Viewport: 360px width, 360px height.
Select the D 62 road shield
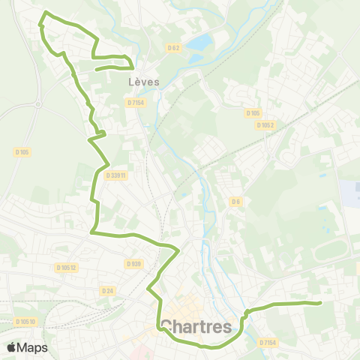tap(173, 48)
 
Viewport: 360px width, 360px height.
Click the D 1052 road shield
tap(265, 125)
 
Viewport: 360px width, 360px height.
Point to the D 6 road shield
tap(235, 201)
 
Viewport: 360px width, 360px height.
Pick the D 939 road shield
tap(133, 263)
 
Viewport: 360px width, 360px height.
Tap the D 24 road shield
tap(107, 290)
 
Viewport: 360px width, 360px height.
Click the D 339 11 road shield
tap(117, 175)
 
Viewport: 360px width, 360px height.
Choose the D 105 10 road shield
tap(25, 322)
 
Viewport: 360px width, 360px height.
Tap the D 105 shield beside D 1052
tap(253, 113)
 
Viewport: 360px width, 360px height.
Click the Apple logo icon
tap(12, 347)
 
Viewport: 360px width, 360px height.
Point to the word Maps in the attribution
tap(32, 347)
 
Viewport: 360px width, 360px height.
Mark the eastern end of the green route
tap(320, 303)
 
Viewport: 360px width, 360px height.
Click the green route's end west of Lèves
tap(97, 70)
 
